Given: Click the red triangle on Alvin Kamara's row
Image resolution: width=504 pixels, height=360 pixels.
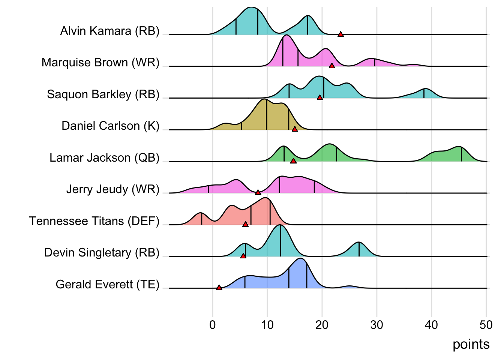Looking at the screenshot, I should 340,34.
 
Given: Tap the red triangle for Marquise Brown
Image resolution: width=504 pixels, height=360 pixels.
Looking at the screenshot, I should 332,66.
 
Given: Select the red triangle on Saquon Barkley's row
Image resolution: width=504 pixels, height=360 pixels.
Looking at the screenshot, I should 320,97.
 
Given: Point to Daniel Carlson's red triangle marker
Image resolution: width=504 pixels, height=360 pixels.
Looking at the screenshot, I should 295,129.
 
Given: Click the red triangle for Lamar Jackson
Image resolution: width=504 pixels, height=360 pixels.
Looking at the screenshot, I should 293,161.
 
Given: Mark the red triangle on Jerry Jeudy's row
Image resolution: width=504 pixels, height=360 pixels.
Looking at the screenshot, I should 258,192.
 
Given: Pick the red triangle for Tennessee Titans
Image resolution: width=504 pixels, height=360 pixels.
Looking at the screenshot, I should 245,224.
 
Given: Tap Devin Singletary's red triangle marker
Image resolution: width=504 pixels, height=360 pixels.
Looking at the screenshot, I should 243,256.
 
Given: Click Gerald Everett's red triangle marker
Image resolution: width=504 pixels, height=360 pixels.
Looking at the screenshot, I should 219,288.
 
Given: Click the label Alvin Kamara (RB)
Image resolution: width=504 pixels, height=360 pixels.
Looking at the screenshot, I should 110,31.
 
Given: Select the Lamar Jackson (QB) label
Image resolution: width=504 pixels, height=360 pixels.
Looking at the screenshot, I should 105,157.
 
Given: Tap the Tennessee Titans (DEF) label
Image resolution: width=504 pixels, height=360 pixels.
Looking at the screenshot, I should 94,221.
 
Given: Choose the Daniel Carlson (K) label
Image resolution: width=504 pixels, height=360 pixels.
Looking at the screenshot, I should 111,126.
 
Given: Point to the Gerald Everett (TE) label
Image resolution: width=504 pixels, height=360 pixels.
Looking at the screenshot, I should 108,284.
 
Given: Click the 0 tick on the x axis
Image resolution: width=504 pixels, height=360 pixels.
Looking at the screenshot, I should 213,325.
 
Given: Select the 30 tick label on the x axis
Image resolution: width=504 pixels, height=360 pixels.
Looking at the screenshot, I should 376,325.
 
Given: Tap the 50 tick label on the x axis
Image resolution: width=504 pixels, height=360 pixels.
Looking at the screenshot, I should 486,325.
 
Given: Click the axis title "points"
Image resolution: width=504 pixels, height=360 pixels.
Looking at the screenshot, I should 471,344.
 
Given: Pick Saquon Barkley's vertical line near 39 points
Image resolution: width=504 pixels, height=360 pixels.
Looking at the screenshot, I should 424,93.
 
